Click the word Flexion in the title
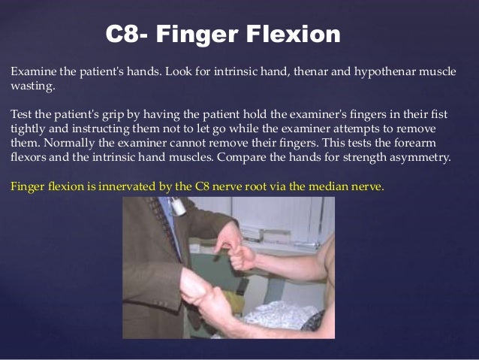[288, 34]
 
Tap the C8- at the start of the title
[127, 34]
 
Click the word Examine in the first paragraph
[29, 72]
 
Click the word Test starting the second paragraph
[21, 113]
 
